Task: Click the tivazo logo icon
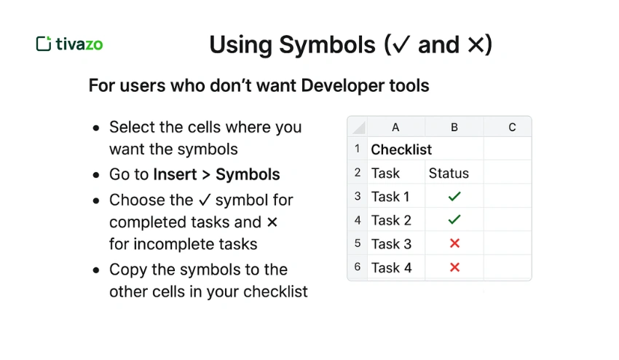pos(43,44)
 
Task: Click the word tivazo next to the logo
pos(79,44)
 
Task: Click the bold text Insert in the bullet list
pos(175,175)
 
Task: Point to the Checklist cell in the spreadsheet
pos(401,149)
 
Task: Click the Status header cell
pos(449,173)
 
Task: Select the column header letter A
pos(395,128)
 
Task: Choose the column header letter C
pos(512,128)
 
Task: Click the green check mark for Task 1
pos(454,197)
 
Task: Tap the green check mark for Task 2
pos(454,220)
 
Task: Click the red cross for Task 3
pos(454,244)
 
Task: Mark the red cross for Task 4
pos(454,267)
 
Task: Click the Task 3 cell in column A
pos(391,244)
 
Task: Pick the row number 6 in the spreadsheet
pos(358,267)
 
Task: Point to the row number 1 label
pos(358,149)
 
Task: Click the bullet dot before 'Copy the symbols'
pos(96,270)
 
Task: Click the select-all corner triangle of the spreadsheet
pos(358,128)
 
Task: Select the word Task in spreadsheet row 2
pos(385,173)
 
